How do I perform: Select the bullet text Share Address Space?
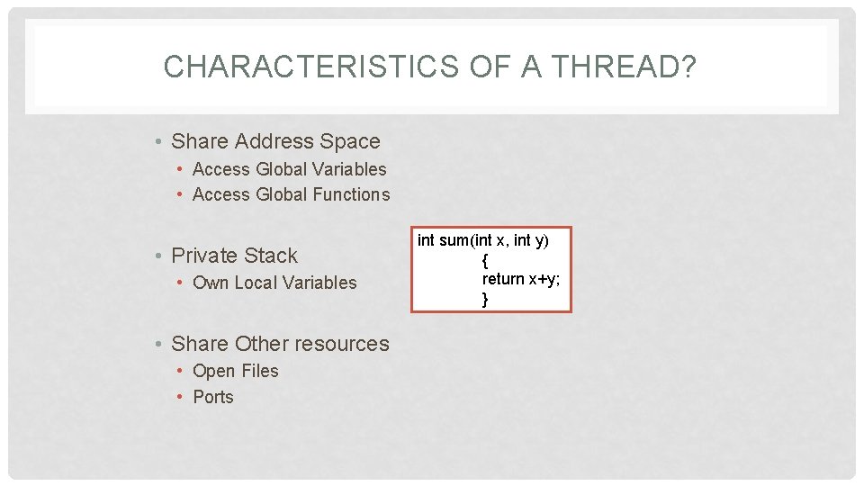click(275, 141)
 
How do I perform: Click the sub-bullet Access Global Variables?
click(289, 169)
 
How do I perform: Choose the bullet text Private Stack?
click(234, 256)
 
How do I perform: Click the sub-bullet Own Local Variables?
click(274, 283)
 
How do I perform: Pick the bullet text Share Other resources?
click(280, 344)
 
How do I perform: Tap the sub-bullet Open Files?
click(236, 371)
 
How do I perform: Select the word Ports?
click(213, 397)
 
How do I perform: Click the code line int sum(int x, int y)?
click(483, 240)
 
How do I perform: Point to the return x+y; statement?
click(521, 279)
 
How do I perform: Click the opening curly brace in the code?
click(485, 260)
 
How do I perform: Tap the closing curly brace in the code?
click(485, 299)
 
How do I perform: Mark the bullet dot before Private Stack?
click(157, 256)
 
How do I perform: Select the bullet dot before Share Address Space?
click(157, 142)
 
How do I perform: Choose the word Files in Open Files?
click(259, 371)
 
